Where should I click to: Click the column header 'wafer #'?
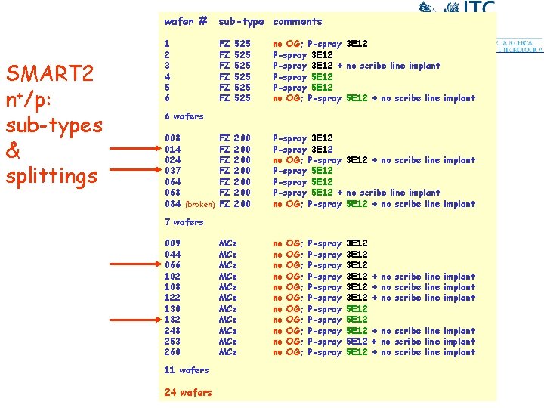tap(186, 21)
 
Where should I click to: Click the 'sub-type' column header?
tap(241, 22)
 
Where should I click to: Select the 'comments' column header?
tap(298, 22)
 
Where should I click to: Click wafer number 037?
tap(172, 171)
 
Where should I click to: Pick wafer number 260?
tap(172, 352)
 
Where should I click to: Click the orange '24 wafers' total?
tap(187, 392)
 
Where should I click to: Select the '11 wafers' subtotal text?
tap(186, 370)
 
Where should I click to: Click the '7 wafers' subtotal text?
tap(184, 222)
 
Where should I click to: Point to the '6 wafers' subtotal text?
tap(184, 116)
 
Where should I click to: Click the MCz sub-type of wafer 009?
tap(227, 243)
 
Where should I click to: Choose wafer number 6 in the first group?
tap(167, 98)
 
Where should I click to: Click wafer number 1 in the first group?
tap(167, 44)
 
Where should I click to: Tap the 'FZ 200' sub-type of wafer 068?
tap(234, 193)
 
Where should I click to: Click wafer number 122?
tap(172, 298)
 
